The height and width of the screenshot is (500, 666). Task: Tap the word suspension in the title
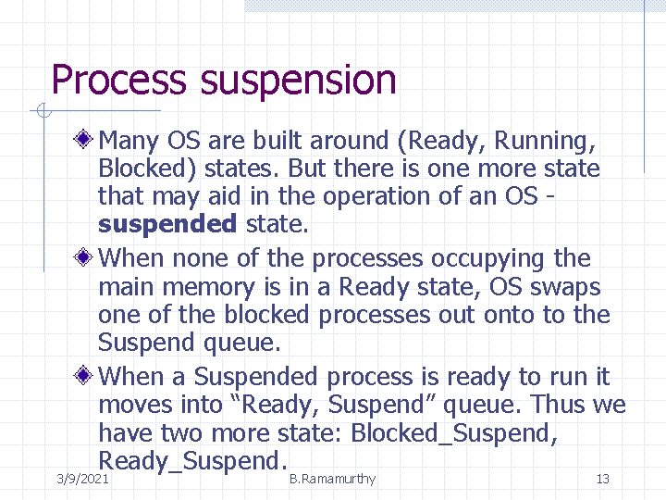(x=297, y=81)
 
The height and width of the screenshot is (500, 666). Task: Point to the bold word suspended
(x=167, y=224)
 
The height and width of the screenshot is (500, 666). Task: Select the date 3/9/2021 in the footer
(x=82, y=479)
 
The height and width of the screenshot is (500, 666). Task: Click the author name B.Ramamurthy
(x=332, y=479)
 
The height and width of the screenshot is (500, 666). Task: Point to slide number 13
(x=602, y=479)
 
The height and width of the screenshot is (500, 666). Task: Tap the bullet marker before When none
(x=85, y=256)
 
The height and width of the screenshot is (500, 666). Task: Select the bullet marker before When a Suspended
(x=85, y=376)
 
